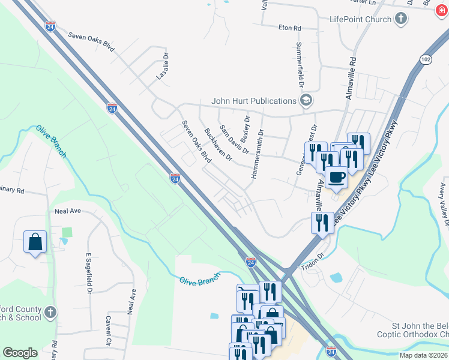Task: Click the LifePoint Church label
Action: coord(360,19)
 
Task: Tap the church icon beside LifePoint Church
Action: coord(401,19)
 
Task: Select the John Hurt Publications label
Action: coord(253,101)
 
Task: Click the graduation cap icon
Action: coord(306,100)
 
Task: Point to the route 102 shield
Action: coord(426,59)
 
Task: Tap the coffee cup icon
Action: coord(337,177)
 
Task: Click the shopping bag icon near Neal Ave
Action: coord(35,242)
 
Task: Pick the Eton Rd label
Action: coord(289,28)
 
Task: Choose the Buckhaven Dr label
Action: coord(218,144)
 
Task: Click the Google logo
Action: coord(20,353)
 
